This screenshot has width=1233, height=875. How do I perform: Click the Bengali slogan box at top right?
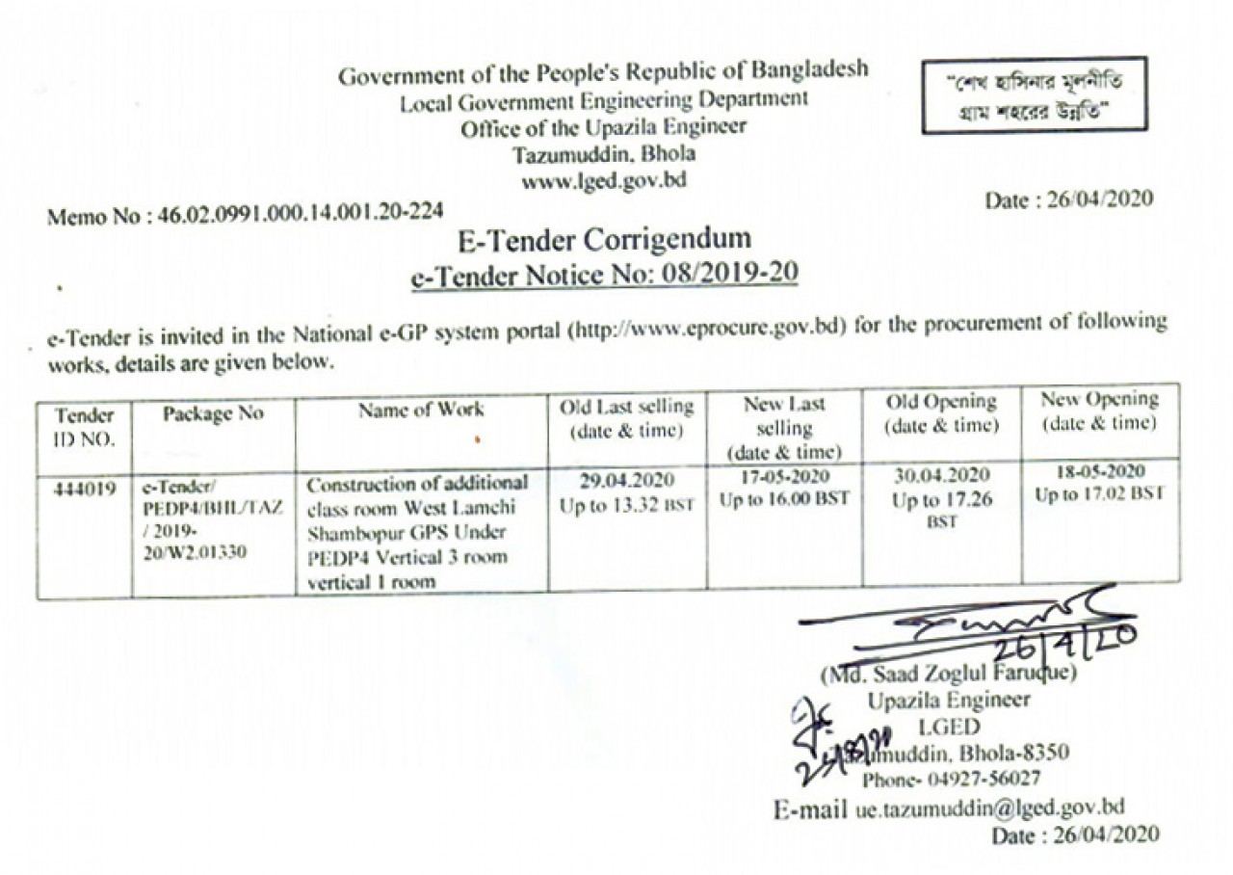1034,94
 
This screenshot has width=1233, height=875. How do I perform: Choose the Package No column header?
212,413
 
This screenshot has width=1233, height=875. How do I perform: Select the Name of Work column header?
421,410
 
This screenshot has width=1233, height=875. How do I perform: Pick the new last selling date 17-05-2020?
784,477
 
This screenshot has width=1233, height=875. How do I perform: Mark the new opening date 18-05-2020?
1100,472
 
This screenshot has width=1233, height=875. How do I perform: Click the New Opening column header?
1100,411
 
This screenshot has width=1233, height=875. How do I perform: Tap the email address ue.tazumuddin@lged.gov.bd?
989,808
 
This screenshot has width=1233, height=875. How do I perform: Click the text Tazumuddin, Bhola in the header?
604,154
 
